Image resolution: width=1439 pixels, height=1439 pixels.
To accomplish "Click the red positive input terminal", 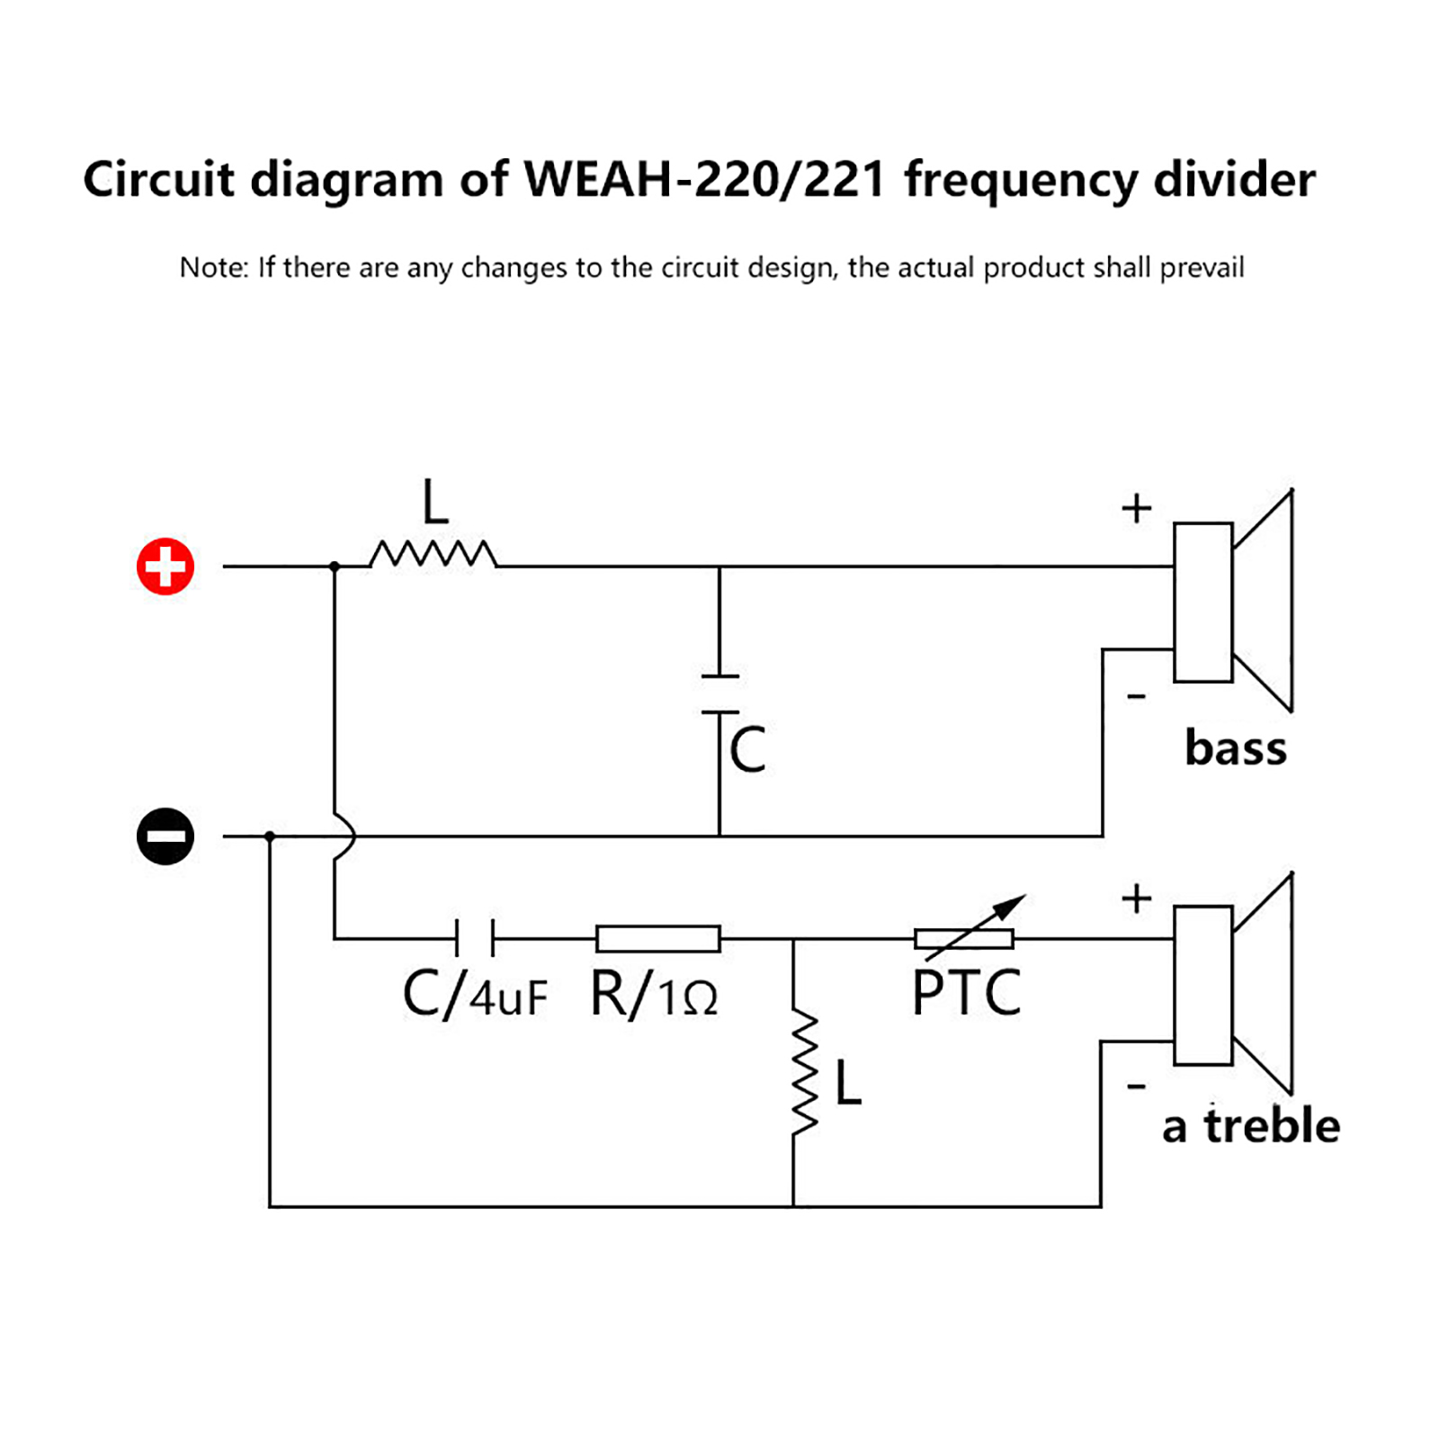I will coord(165,567).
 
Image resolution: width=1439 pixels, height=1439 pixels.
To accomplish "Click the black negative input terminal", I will coord(165,836).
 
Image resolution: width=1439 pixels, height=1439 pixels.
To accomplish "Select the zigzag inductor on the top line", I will coord(433,554).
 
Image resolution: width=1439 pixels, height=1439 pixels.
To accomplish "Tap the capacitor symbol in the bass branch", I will coord(719,694).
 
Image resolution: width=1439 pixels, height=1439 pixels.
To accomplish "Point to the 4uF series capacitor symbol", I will coord(475,938).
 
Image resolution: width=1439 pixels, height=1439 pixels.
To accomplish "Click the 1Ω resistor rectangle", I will coord(658,938).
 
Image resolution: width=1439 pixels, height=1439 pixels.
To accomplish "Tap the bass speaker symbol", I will coord(1232,601).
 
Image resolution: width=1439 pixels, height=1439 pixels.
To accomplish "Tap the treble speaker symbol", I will coord(1232,984).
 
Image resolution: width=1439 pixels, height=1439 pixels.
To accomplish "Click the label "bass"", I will coord(1236,748).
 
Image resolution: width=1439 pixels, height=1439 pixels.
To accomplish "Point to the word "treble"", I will coord(1272,1126).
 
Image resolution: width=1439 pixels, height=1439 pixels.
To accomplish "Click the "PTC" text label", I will coord(967,993).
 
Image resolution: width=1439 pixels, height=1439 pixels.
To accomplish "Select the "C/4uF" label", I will coord(475,995).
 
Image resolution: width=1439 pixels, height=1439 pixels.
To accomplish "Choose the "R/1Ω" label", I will coord(655,995).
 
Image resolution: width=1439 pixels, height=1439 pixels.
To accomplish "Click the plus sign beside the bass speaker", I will coord(1137,508).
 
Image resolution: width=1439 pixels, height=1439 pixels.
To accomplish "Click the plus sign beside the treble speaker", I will coord(1137,898).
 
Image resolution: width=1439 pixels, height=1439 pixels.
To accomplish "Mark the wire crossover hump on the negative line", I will coord(345,836).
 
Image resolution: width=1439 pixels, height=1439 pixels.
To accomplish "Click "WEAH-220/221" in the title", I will coord(706,179).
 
